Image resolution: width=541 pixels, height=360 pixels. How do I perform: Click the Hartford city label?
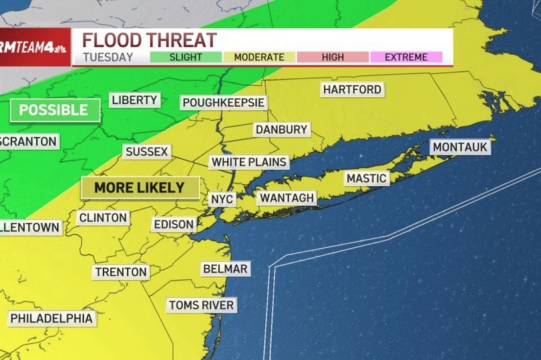(352, 89)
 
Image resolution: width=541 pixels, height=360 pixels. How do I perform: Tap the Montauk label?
(461, 147)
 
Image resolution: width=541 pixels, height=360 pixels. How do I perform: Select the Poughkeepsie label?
(224, 103)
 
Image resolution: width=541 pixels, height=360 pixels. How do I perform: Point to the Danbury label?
(281, 130)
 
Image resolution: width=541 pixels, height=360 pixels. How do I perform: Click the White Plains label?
(249, 162)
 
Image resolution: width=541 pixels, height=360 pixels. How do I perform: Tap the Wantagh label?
(287, 198)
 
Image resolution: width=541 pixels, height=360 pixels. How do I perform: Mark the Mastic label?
(366, 178)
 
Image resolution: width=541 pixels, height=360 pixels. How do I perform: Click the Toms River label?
(201, 305)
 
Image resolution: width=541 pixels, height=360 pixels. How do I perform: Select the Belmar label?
(226, 268)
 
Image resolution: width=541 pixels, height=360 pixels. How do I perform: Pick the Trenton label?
(120, 272)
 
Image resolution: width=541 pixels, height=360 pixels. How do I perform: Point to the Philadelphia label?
(51, 318)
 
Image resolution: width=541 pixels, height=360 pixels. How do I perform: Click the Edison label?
(173, 224)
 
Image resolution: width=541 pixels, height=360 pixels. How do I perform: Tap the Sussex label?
(146, 152)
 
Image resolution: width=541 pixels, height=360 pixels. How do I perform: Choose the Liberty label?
(134, 100)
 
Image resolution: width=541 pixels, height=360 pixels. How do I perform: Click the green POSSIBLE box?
(55, 110)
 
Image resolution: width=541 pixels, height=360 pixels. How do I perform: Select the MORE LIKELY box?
(140, 188)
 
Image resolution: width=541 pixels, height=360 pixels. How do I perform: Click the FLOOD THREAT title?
(149, 39)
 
